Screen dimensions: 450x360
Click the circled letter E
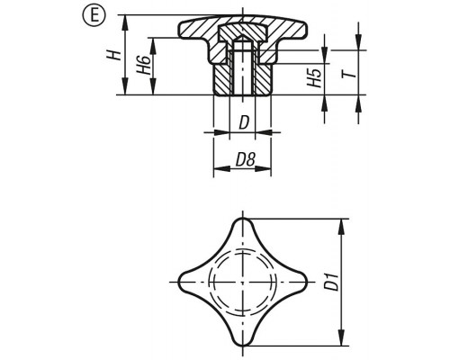pyautogui.click(x=94, y=15)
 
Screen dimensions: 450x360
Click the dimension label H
pyautogui.click(x=114, y=55)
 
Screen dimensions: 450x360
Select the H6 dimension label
pyautogui.click(x=144, y=65)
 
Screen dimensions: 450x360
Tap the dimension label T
pyautogui.click(x=350, y=73)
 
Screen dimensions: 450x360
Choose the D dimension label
pyautogui.click(x=244, y=122)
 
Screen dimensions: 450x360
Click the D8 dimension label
pyautogui.click(x=245, y=159)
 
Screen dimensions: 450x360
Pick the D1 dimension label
pyautogui.click(x=332, y=282)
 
